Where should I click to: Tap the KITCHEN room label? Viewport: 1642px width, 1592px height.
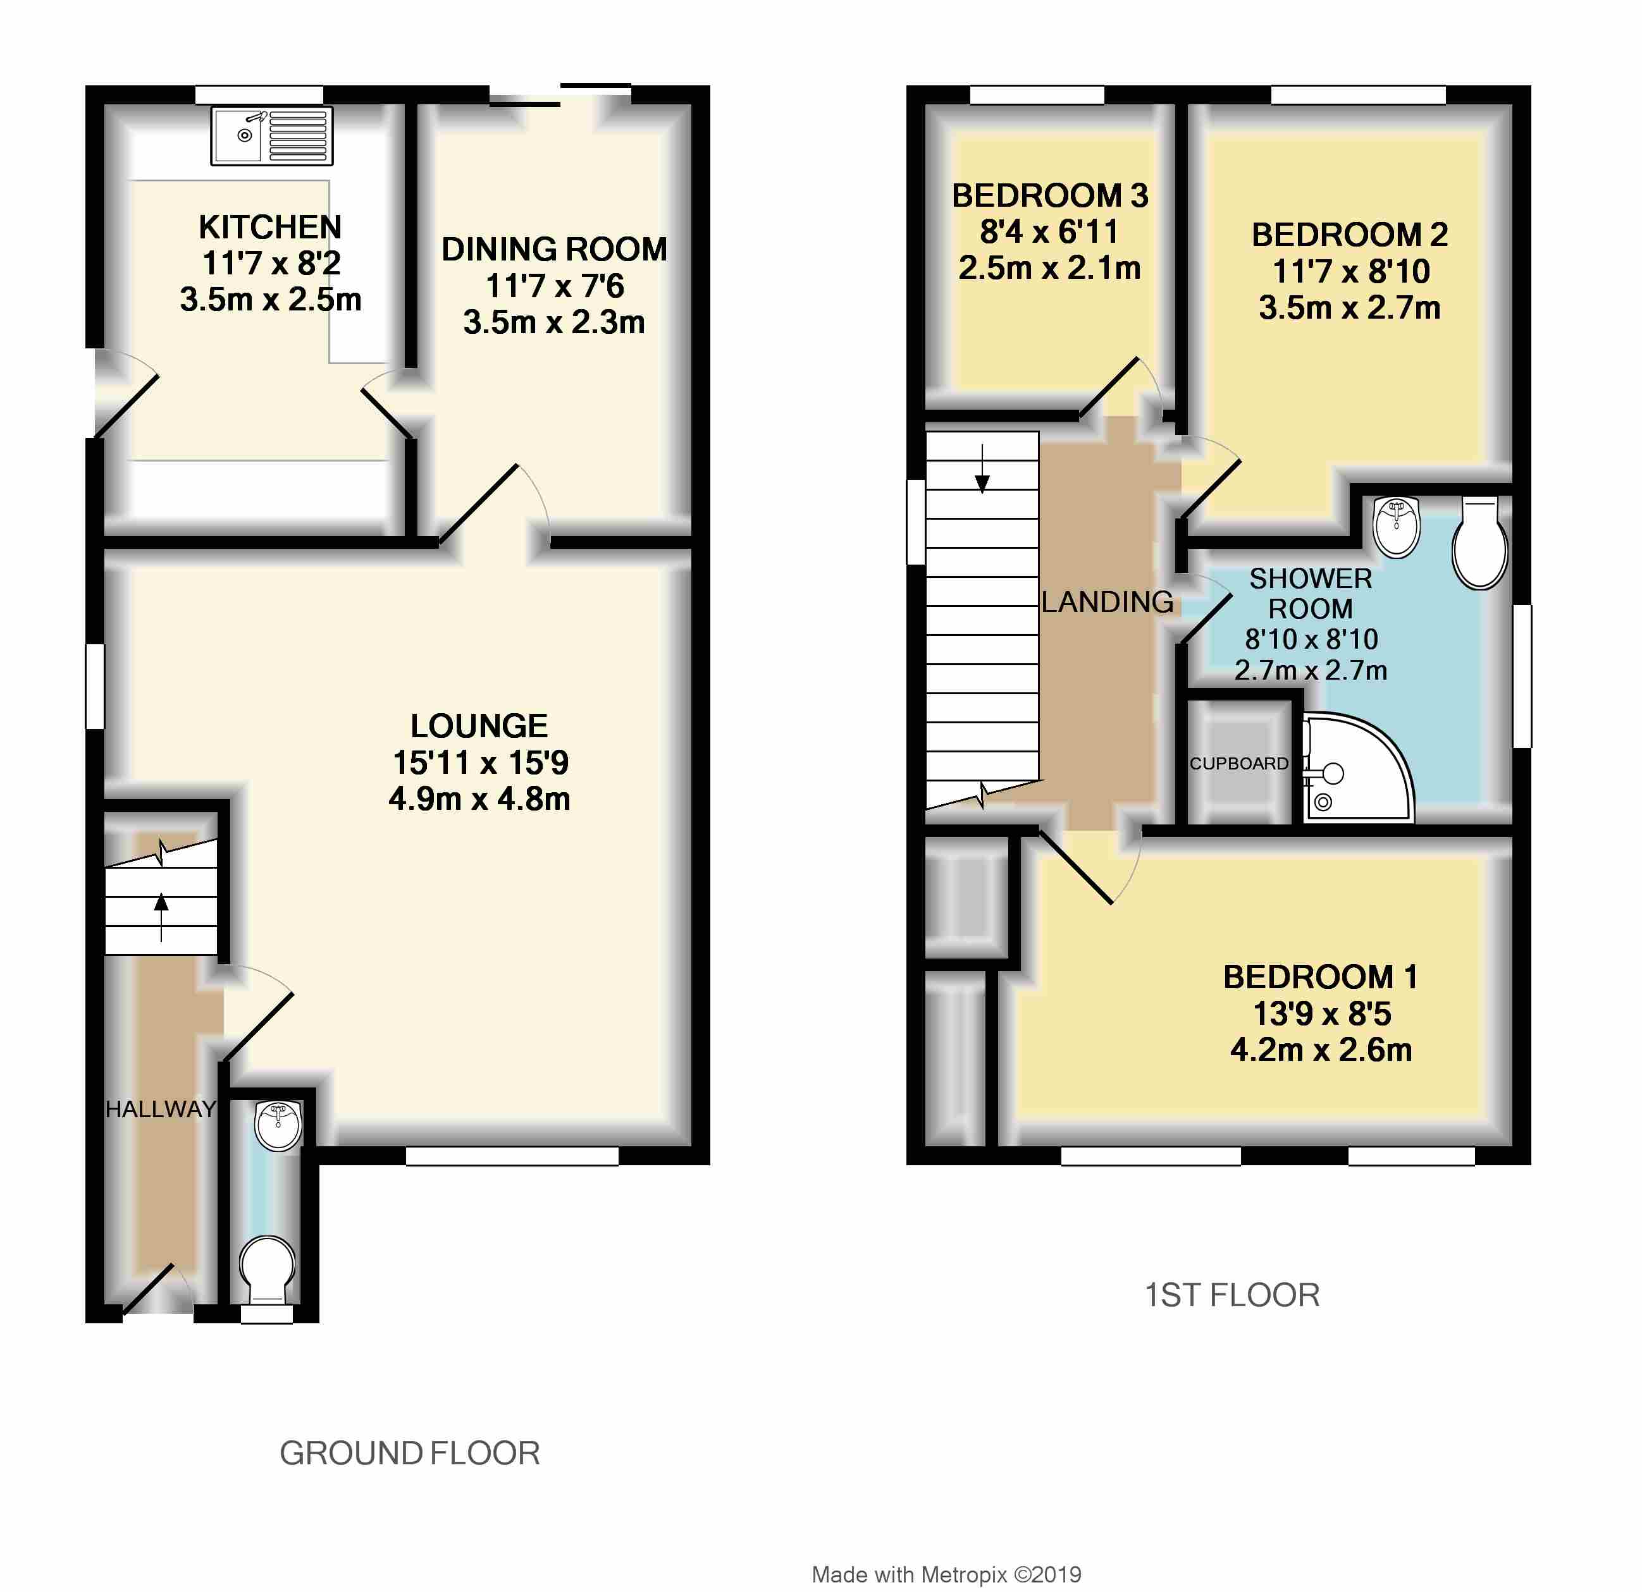[269, 227]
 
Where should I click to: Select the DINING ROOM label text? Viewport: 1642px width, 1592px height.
[553, 250]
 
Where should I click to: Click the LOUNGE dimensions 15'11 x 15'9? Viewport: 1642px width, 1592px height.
[480, 762]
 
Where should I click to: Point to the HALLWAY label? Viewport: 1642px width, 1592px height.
[160, 1109]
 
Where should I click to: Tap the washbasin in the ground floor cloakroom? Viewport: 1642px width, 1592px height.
[278, 1125]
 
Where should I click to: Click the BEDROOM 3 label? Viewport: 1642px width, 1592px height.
[1050, 196]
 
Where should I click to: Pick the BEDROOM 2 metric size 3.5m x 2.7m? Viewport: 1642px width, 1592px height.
[1349, 308]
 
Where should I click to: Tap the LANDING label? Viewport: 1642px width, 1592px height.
[1107, 601]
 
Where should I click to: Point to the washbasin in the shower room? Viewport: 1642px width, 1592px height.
[1397, 526]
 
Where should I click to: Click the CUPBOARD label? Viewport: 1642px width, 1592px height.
[1238, 763]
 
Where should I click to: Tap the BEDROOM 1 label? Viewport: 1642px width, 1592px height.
[1320, 976]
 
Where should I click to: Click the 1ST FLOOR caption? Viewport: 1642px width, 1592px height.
[1231, 1295]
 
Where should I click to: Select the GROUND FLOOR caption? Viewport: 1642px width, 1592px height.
[410, 1453]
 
